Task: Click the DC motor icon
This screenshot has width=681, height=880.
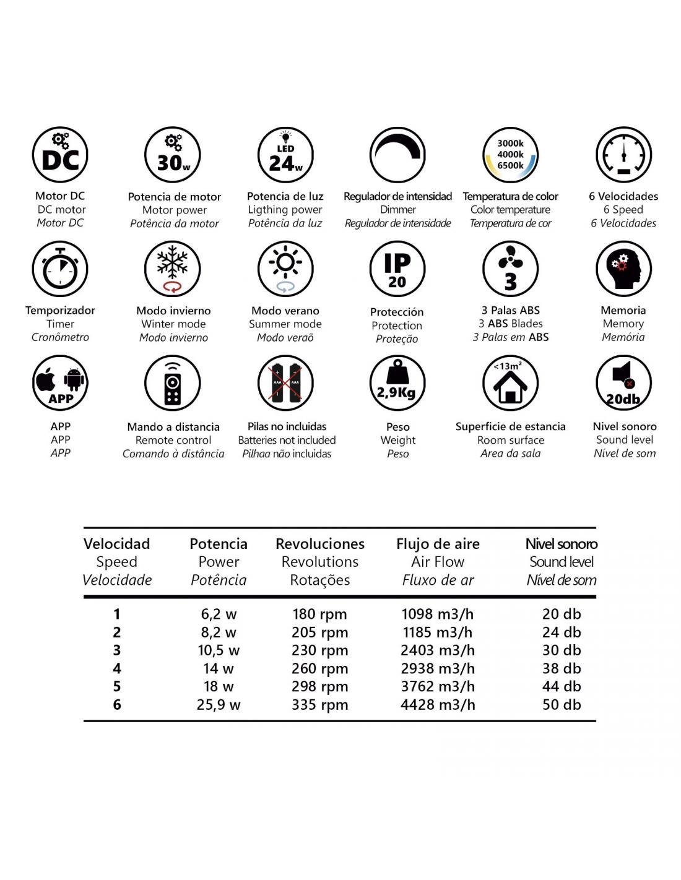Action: coord(60,155)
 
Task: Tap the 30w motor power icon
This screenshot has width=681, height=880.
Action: coord(173,155)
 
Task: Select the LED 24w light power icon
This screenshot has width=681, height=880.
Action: coord(285,155)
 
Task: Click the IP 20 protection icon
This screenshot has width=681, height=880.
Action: coord(397,269)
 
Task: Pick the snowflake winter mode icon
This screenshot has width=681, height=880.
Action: coord(173,269)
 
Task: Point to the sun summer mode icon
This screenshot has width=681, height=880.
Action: coord(285,269)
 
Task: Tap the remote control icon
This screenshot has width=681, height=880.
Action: coord(173,383)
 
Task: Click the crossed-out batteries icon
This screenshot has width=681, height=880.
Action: coord(285,383)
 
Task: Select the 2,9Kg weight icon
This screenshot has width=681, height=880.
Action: coord(397,383)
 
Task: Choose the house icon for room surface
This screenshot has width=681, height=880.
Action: coord(511,383)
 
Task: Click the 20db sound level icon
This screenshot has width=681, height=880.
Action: coord(623,383)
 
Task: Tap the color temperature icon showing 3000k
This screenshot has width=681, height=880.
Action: coord(511,155)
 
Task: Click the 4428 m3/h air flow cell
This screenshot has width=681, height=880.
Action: coord(438,704)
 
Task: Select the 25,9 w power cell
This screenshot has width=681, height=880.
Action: coord(219,704)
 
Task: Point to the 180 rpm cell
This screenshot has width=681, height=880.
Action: coord(319,614)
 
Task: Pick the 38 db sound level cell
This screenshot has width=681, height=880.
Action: coord(562,668)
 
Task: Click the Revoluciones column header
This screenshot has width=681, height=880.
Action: coord(320,544)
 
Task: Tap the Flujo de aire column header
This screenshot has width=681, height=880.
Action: coord(438,544)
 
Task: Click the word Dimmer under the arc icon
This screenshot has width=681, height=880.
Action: coord(398,210)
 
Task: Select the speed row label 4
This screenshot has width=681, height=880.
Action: coord(117,668)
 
